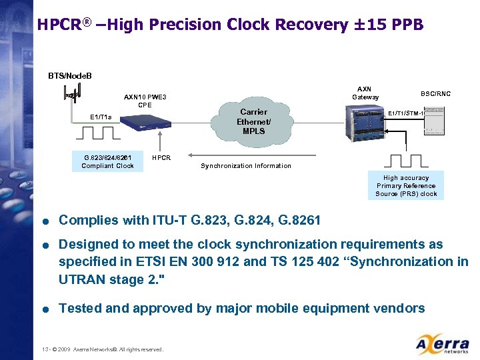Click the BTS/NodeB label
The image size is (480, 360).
(70, 75)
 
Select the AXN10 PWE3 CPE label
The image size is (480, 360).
(145, 101)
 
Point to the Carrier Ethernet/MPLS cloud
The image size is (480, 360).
(253, 121)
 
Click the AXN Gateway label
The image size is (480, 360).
(365, 93)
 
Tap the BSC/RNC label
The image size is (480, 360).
(435, 94)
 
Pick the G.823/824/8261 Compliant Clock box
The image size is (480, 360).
(107, 161)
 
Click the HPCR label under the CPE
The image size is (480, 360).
(161, 158)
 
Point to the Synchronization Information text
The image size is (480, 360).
(245, 166)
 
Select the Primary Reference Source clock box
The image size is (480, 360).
(405, 186)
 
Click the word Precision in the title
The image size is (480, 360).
(186, 25)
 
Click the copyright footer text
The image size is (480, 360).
(101, 349)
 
